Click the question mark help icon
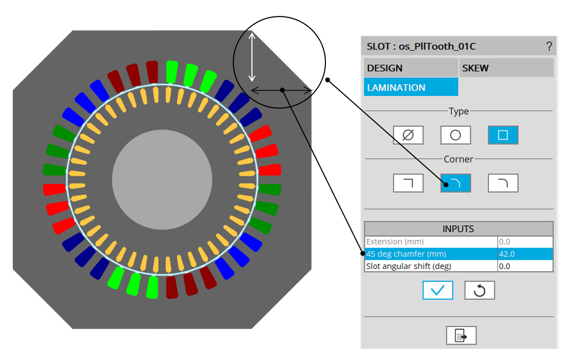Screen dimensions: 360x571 click(549, 46)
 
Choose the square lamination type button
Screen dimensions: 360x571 click(503, 135)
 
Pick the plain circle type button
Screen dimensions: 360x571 click(455, 135)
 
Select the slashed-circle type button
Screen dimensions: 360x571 click(408, 135)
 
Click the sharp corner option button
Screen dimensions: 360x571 click(408, 183)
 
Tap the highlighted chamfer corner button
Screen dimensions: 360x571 click(455, 183)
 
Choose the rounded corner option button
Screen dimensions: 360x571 click(503, 183)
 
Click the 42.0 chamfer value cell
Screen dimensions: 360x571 click(525, 253)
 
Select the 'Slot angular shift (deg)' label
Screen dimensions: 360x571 click(409, 266)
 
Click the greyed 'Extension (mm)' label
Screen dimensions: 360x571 click(395, 242)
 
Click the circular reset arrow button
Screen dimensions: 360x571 click(479, 290)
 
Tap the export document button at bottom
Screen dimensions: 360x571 click(461, 336)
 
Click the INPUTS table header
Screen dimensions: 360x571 click(459, 229)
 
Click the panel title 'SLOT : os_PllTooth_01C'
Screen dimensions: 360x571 click(421, 46)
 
